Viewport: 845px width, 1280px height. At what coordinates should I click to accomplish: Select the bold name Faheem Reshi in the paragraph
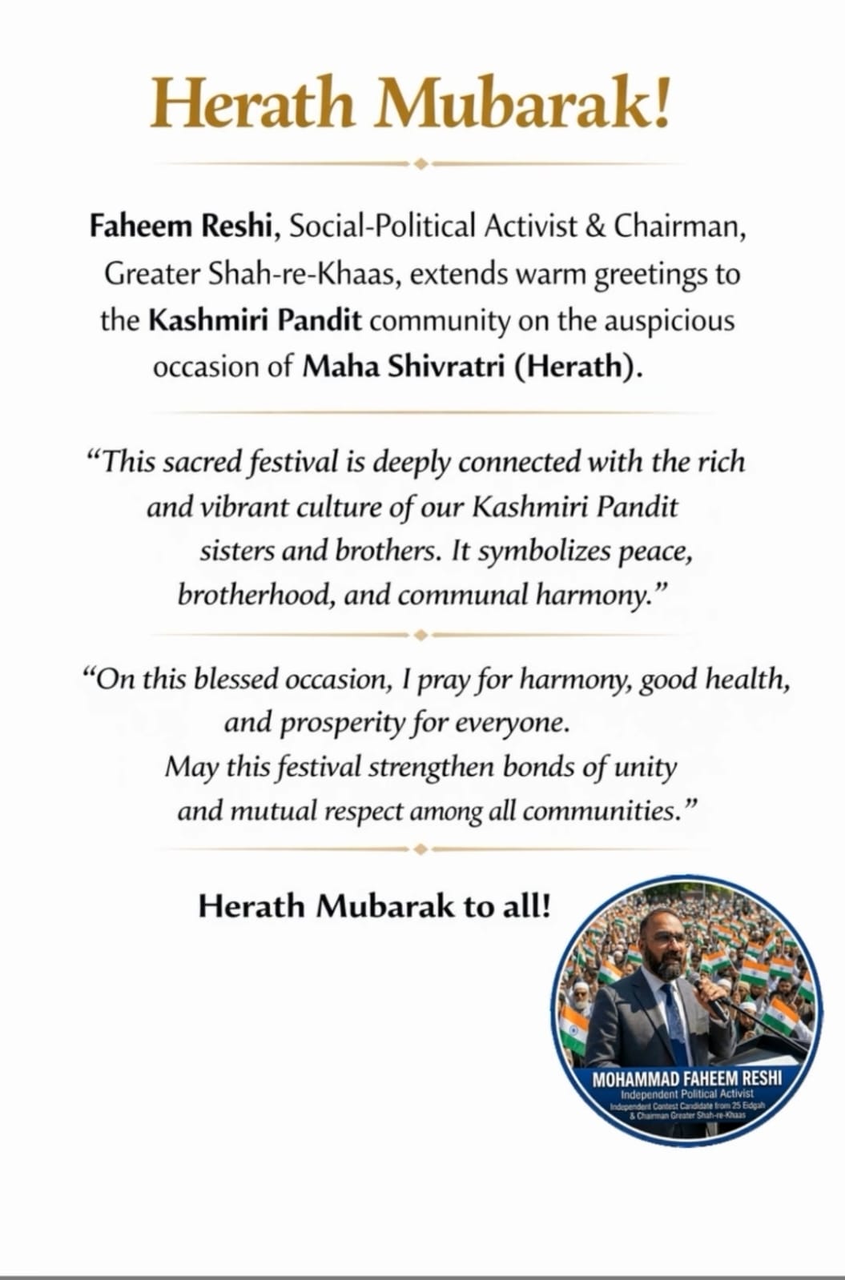point(177,227)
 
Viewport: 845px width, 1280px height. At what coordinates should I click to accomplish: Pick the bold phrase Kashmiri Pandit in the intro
point(256,320)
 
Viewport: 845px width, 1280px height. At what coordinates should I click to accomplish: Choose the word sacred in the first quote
point(200,462)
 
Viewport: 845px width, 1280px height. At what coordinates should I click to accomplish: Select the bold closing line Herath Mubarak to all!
point(374,906)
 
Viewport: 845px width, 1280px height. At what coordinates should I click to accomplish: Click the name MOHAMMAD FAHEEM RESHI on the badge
point(687,1080)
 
